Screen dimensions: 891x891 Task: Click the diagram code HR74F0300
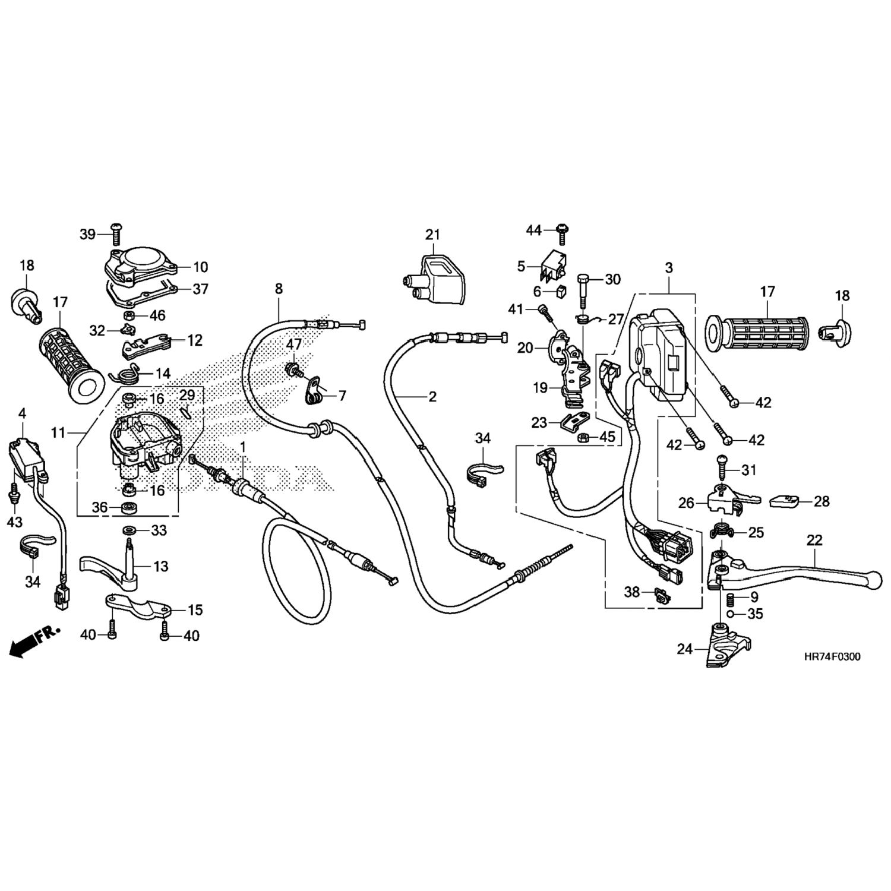(x=831, y=657)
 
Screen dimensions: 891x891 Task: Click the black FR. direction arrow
(x=34, y=642)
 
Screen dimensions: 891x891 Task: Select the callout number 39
(x=87, y=234)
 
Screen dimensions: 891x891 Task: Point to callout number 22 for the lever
(x=814, y=540)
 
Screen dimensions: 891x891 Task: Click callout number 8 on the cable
(x=279, y=289)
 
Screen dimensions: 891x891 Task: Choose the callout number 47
(x=294, y=344)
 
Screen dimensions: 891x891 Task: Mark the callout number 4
(x=23, y=413)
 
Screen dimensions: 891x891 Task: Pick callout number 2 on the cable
(x=432, y=396)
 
